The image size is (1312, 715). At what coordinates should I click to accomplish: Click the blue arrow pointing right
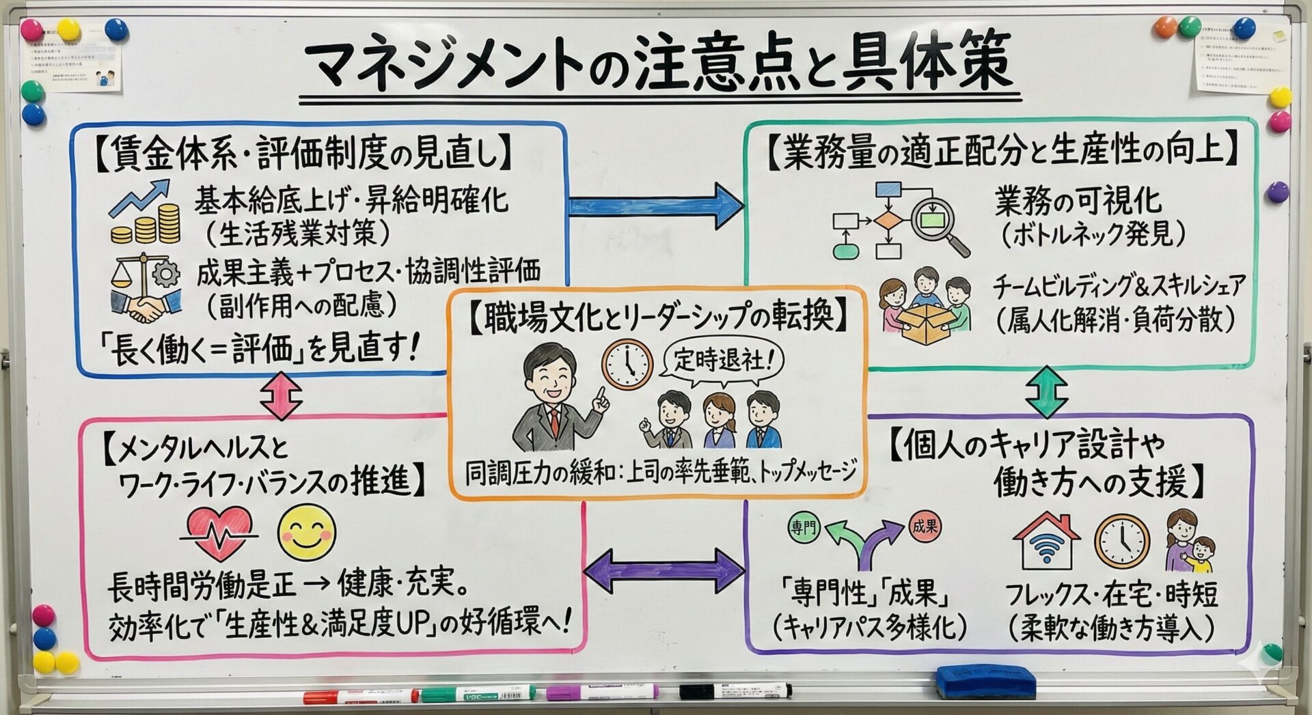655,205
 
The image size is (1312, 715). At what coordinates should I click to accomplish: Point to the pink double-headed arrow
281,395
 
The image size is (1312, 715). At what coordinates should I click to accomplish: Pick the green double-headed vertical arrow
1047,392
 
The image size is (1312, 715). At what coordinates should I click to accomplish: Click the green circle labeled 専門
804,527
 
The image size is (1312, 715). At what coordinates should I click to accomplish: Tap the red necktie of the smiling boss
555,423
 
